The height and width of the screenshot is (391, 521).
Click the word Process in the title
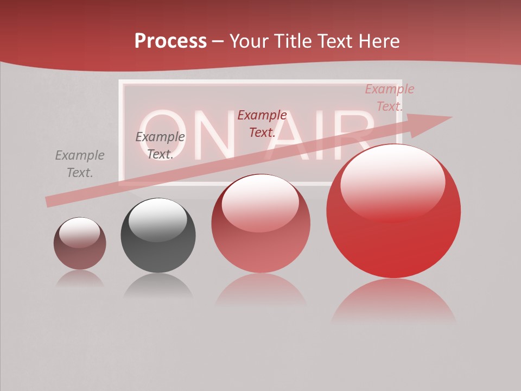click(x=170, y=41)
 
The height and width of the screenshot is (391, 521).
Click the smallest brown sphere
click(x=80, y=244)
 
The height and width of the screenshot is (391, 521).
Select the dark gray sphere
click(x=158, y=236)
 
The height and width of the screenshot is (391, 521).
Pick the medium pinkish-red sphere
click(x=260, y=224)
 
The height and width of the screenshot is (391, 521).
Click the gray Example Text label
click(x=80, y=164)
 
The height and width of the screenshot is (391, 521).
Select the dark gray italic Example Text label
click(x=160, y=146)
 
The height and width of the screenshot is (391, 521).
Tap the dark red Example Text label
click(x=262, y=123)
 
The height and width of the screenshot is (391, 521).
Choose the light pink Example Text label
click(x=389, y=98)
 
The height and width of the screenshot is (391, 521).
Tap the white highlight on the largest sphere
click(x=392, y=182)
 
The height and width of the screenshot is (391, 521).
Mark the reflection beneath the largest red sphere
click(x=393, y=301)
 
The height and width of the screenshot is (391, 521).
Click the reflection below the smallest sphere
click(x=80, y=279)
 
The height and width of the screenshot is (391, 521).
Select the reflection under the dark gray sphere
click(x=158, y=286)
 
